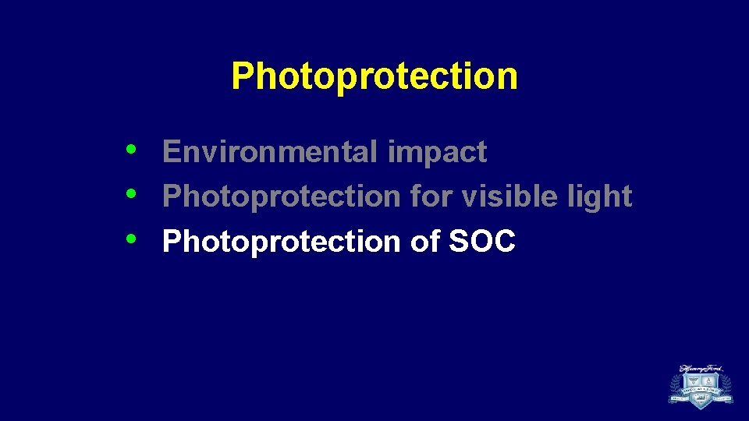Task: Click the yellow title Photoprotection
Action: tap(374, 76)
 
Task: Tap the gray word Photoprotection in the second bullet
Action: tap(282, 197)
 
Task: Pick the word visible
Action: tap(506, 196)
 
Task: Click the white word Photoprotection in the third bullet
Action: tap(282, 242)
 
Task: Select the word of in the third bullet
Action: tap(424, 242)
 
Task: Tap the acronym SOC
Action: tap(482, 242)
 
